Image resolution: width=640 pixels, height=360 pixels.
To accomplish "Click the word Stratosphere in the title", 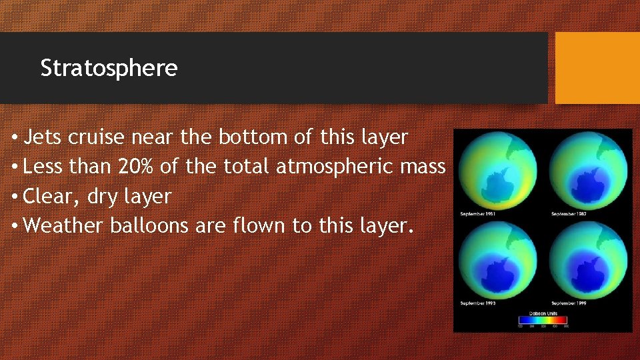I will click(x=109, y=68).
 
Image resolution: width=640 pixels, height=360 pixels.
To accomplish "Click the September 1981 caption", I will click(x=478, y=214).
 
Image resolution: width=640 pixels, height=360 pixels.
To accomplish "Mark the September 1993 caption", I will click(x=478, y=303).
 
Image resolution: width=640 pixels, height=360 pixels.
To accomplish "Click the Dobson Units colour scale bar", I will click(x=543, y=320).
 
